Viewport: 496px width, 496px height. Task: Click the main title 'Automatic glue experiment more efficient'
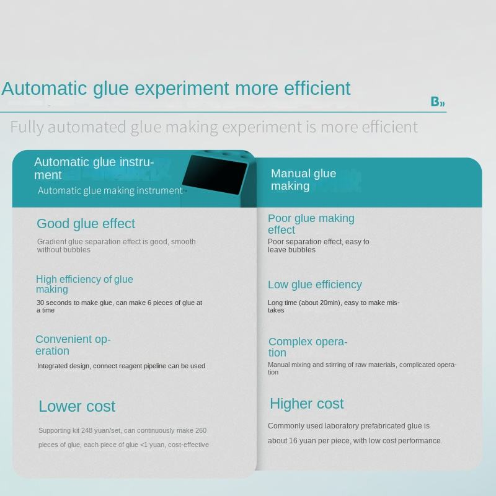click(176, 88)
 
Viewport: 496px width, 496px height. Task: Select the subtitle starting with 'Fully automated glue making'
click(214, 127)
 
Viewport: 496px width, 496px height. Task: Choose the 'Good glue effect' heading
click(86, 224)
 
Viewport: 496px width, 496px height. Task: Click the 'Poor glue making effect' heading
click(311, 224)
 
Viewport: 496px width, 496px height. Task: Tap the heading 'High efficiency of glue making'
click(84, 284)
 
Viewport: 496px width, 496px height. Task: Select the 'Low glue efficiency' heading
click(314, 285)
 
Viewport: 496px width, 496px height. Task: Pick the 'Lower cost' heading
click(77, 407)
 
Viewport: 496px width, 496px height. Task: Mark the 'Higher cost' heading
click(306, 404)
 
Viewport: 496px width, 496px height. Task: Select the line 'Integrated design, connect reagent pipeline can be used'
click(121, 366)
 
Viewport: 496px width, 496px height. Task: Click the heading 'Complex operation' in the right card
click(308, 347)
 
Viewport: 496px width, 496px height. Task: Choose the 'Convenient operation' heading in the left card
click(73, 345)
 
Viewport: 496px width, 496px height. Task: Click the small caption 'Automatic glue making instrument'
click(110, 190)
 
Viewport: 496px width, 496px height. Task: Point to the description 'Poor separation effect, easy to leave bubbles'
click(318, 246)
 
